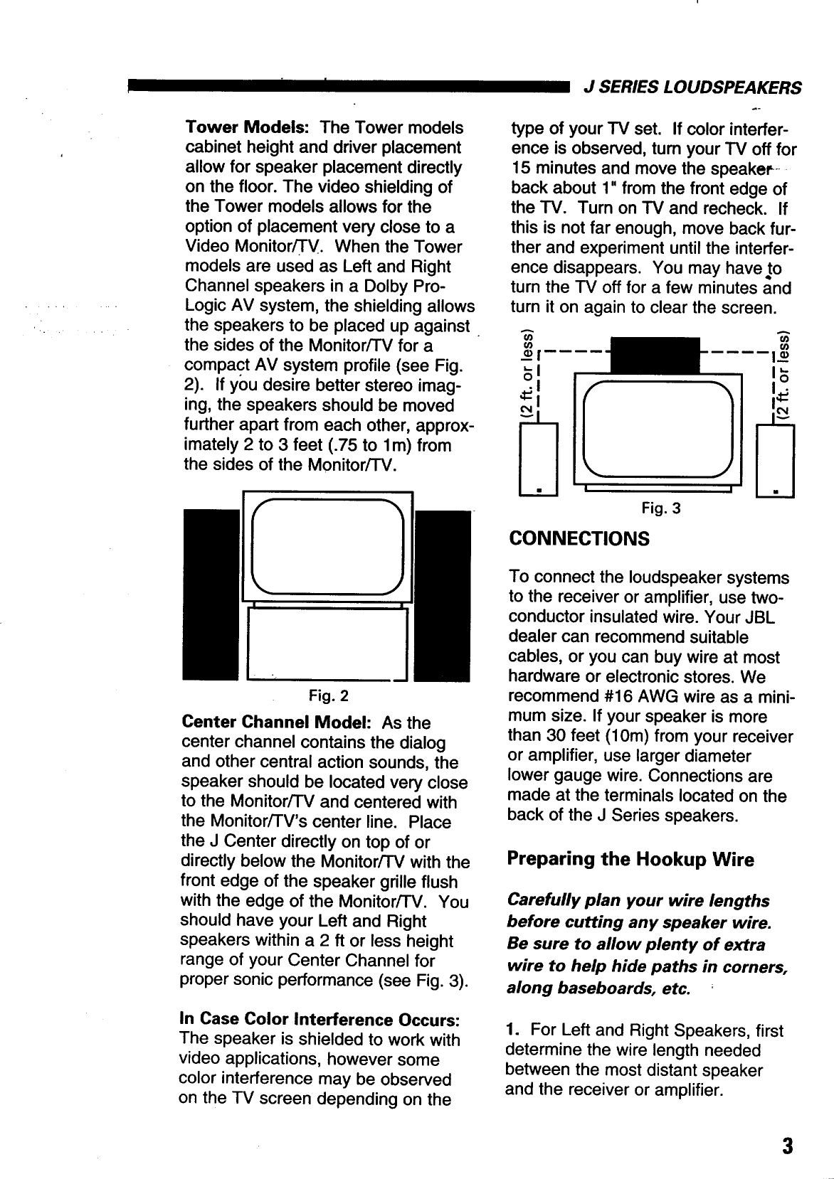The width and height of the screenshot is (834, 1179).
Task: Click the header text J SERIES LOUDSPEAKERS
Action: tap(692, 87)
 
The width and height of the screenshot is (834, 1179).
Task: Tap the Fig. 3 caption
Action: tap(660, 508)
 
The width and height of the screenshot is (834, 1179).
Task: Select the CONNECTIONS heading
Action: tap(579, 538)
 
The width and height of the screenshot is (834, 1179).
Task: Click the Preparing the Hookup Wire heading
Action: tap(630, 859)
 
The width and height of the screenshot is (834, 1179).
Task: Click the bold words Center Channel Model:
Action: tap(276, 722)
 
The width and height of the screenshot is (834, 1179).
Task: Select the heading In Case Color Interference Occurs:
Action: tap(322, 1019)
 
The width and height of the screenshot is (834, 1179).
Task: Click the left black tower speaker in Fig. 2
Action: tap(211, 596)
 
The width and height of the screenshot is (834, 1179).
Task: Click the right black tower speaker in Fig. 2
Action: tap(443, 596)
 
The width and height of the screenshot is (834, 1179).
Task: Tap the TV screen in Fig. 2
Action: tap(328, 546)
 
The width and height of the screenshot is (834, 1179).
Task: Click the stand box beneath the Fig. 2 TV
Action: tap(327, 644)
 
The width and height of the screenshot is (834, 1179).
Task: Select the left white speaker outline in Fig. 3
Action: tap(539, 459)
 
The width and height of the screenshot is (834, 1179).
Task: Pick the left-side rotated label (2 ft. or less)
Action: tap(527, 375)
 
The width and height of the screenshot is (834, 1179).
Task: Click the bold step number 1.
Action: tap(512, 1030)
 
